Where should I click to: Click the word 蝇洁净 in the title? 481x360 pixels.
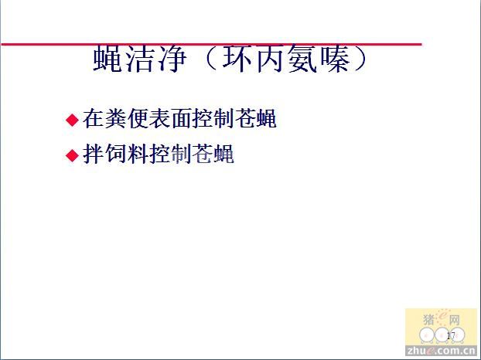coord(140,59)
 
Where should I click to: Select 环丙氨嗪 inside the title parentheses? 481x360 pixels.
coord(287,59)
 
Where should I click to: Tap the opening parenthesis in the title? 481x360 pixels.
coord(210,59)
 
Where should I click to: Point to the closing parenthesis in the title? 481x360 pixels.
coord(360,59)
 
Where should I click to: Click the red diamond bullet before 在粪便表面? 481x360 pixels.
coord(73,120)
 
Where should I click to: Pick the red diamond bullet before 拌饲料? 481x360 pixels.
coord(73,155)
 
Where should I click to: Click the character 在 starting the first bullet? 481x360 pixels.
coord(94,118)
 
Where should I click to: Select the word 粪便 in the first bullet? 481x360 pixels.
coord(126,118)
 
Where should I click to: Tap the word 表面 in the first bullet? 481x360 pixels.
coord(169,118)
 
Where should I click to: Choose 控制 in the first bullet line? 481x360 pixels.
coord(213,118)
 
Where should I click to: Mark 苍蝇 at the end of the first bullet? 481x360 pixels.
coord(255,118)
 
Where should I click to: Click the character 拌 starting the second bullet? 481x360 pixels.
coord(94,154)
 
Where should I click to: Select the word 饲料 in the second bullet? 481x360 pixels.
coord(126,154)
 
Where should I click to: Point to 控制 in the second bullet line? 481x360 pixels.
coord(169,154)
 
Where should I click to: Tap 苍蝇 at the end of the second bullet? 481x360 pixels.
coord(213,154)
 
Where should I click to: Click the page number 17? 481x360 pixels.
coord(451,335)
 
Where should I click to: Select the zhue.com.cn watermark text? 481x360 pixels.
coord(441,350)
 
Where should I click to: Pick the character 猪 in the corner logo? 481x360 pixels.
coord(429,320)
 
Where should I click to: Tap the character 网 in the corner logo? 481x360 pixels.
coord(454,320)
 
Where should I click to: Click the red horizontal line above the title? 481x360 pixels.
coord(212,45)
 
